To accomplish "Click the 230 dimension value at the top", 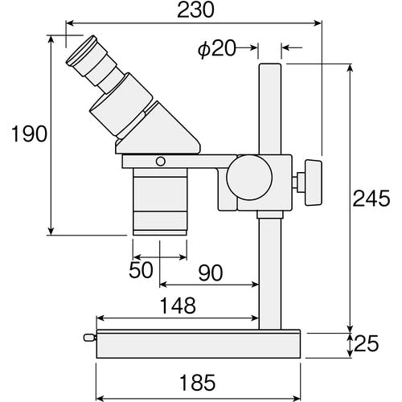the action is (x=196, y=10).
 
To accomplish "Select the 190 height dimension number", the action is (x=30, y=133).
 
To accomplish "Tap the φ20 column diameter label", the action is (x=217, y=48).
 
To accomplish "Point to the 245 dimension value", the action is (x=371, y=199).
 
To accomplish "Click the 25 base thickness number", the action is (x=366, y=343).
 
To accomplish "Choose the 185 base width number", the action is (x=198, y=383).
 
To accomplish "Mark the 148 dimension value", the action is (x=178, y=306).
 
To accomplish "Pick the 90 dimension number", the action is (x=211, y=273).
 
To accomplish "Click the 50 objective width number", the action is (x=141, y=269).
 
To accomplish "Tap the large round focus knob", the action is (x=249, y=177).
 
